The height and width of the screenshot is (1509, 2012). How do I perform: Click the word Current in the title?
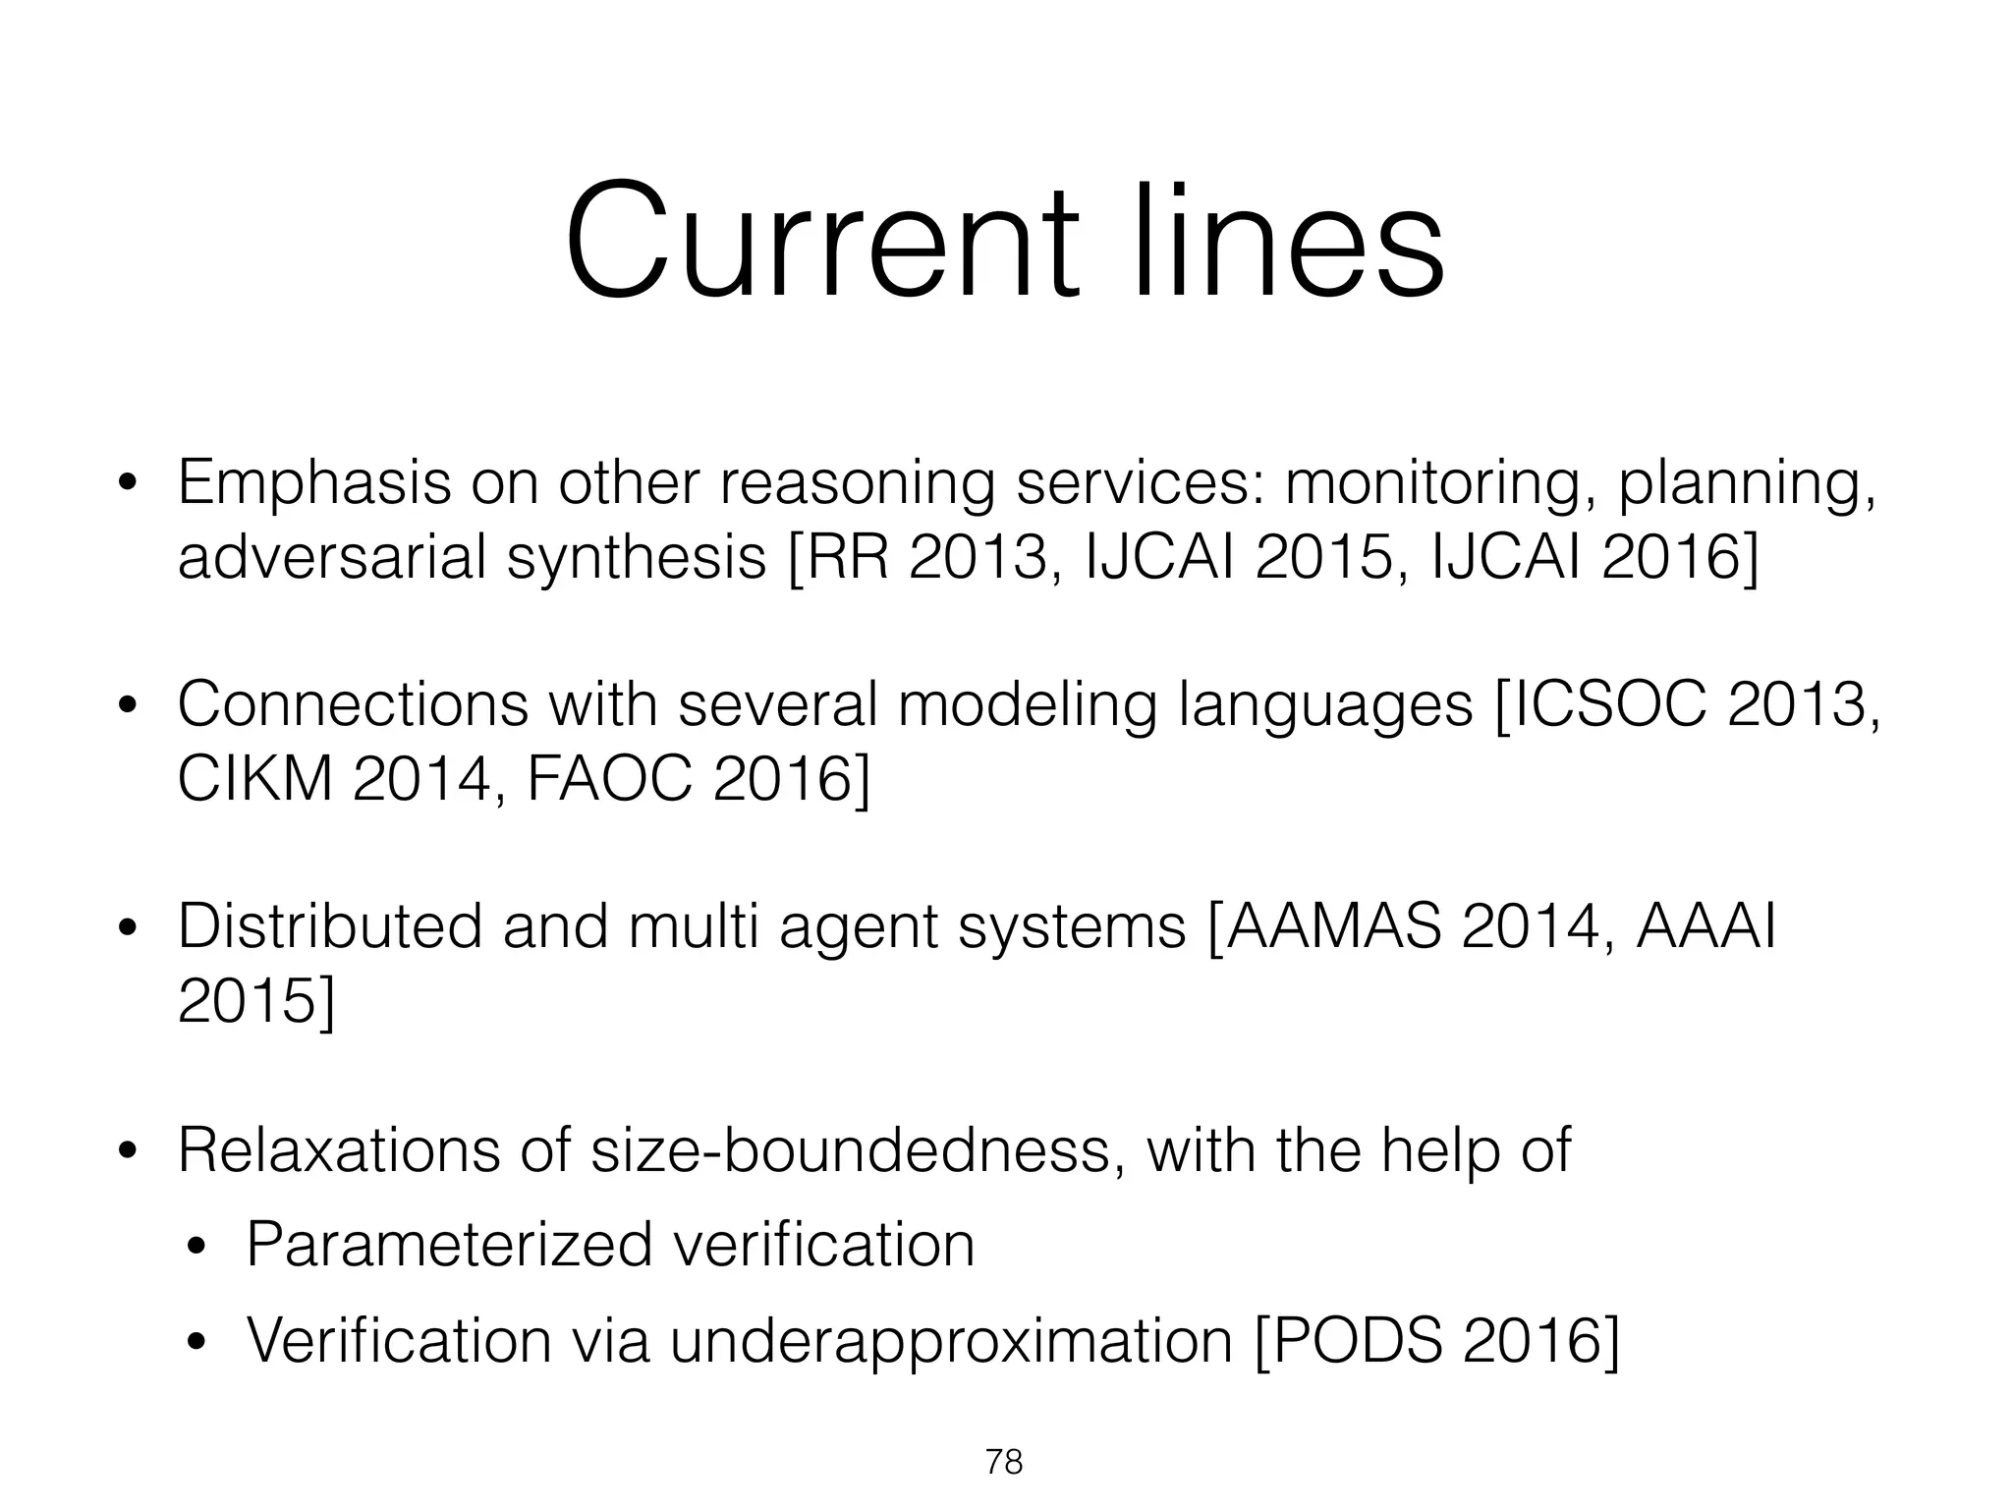819,242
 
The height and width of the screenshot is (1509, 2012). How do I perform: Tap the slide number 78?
1004,1463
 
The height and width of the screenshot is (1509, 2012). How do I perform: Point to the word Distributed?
330,927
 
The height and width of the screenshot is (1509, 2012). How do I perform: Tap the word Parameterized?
449,1246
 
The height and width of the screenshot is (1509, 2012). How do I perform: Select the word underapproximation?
951,1341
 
